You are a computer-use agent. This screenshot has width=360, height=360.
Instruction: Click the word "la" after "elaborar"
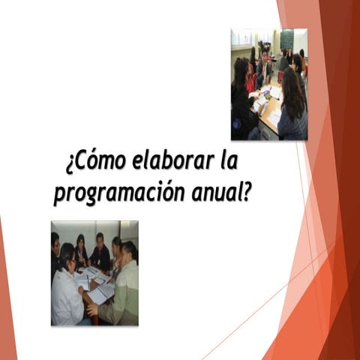pos(229,161)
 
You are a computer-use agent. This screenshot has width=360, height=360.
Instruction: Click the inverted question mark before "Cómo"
pos(69,165)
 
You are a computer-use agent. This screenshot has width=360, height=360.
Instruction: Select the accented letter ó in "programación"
pos(160,193)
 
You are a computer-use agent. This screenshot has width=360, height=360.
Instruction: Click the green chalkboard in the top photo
pos(286,39)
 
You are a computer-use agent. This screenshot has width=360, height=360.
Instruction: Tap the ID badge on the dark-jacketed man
pos(100,262)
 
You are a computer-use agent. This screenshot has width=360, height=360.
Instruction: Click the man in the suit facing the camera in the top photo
pos(265,67)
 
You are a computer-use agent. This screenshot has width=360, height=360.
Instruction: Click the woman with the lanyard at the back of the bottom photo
pos(81,250)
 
